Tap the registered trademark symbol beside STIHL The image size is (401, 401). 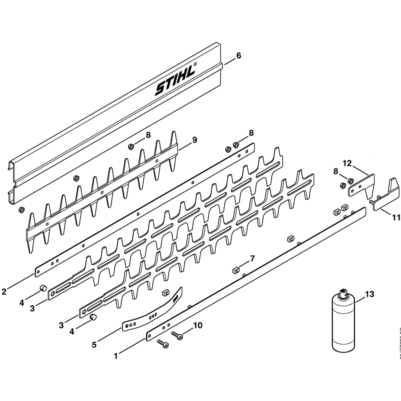pos(195,64)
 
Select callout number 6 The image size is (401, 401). pos(239,56)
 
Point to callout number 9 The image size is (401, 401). pos(194,140)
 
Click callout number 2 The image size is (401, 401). pos(4,292)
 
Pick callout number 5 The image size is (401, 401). pos(94,344)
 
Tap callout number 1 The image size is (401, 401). pos(116,355)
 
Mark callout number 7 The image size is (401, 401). pos(252,258)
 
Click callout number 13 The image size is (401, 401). pos(369,295)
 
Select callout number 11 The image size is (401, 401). pos(396,218)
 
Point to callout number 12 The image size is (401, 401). pos(347,163)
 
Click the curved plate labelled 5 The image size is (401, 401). pos(152,313)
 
